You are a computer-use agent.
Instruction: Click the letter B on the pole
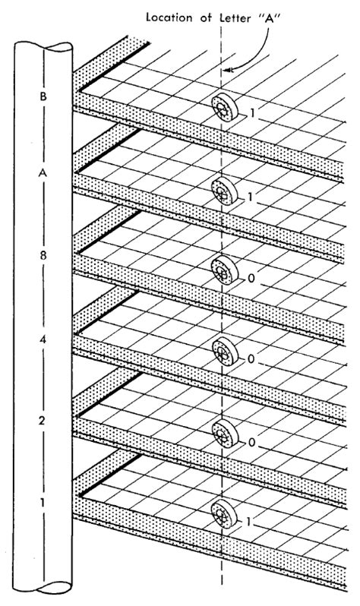pyautogui.click(x=43, y=96)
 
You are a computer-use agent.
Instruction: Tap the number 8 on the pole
pyautogui.click(x=43, y=256)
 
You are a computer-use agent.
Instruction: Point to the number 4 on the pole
pyautogui.click(x=43, y=340)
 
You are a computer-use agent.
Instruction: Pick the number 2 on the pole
pyautogui.click(x=43, y=421)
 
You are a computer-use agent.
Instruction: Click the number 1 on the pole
pyautogui.click(x=43, y=503)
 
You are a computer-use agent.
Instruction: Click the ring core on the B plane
pyautogui.click(x=224, y=107)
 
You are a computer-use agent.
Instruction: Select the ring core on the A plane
pyautogui.click(x=224, y=191)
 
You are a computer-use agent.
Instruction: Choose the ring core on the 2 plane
pyautogui.click(x=225, y=434)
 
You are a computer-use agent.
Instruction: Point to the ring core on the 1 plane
pyautogui.click(x=224, y=513)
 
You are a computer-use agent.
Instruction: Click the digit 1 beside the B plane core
pyautogui.click(x=251, y=113)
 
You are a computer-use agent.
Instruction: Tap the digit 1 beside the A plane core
pyautogui.click(x=250, y=197)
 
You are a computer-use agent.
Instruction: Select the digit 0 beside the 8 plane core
pyautogui.click(x=251, y=278)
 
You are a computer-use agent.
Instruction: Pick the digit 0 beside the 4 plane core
pyautogui.click(x=251, y=360)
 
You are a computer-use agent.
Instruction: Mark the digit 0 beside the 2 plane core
pyautogui.click(x=251, y=442)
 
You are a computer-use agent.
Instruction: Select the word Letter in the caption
pyautogui.click(x=235, y=17)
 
